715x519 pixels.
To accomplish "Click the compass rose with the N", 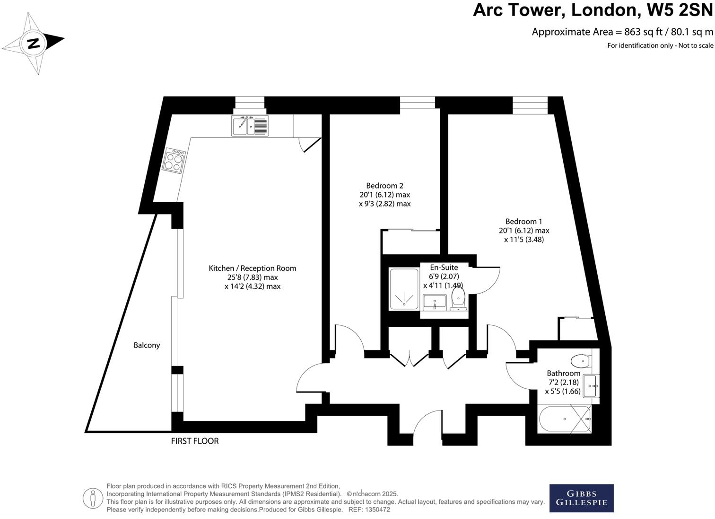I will click(x=33, y=43).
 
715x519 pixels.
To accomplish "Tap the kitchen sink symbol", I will click(x=250, y=125).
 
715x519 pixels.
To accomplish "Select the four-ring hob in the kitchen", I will click(x=174, y=160).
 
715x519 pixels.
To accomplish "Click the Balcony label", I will click(x=147, y=345).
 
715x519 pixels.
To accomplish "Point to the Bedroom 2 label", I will click(x=384, y=186).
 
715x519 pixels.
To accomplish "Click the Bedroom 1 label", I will click(x=523, y=221).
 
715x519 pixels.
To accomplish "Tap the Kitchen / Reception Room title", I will click(x=253, y=268).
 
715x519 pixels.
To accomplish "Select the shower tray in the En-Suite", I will click(x=404, y=290).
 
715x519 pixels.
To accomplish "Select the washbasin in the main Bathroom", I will click(x=591, y=386).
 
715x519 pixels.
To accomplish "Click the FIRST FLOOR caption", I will click(x=195, y=441).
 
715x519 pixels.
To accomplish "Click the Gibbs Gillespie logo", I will click(x=581, y=498).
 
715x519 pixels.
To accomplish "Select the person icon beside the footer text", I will click(x=93, y=498).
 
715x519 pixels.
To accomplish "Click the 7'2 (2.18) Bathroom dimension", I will click(x=563, y=382).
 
